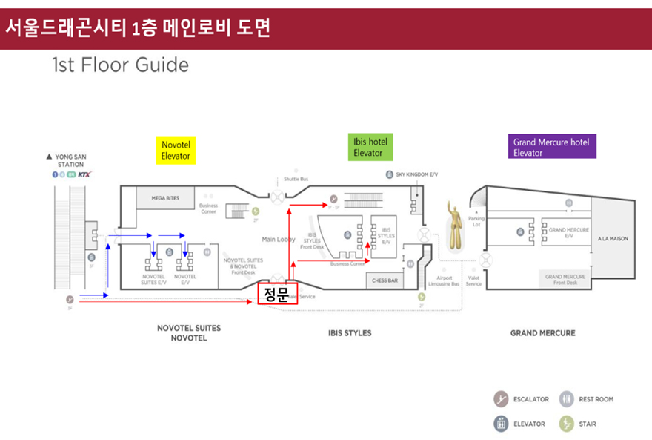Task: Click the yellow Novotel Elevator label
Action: click(x=176, y=150)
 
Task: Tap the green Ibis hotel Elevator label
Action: click(x=370, y=147)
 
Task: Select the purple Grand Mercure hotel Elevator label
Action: click(x=554, y=147)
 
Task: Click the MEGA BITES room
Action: click(x=165, y=198)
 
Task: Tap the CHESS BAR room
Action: click(x=385, y=280)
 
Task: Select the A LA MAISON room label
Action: click(x=613, y=240)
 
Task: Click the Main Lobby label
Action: click(x=279, y=240)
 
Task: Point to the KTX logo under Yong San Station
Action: click(x=84, y=175)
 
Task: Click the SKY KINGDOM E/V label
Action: click(x=416, y=174)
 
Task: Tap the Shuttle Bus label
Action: click(x=296, y=179)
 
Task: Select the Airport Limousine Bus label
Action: click(x=445, y=280)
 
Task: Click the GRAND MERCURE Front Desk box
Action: click(x=565, y=280)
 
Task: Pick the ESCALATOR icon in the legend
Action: click(x=502, y=399)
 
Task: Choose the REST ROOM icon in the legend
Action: click(x=567, y=399)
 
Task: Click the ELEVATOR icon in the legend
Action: click(x=502, y=424)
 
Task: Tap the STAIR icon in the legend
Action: click(x=567, y=424)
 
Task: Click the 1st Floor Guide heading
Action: click(x=121, y=65)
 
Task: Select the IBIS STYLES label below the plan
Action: click(x=350, y=333)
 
